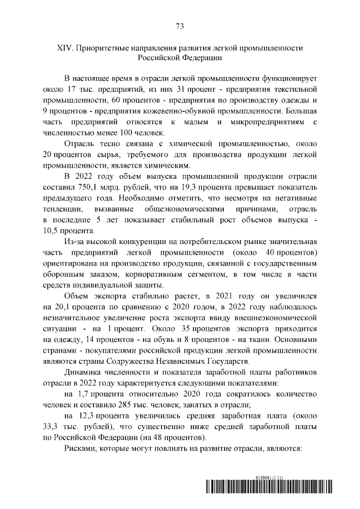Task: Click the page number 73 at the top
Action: tap(180, 26)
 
